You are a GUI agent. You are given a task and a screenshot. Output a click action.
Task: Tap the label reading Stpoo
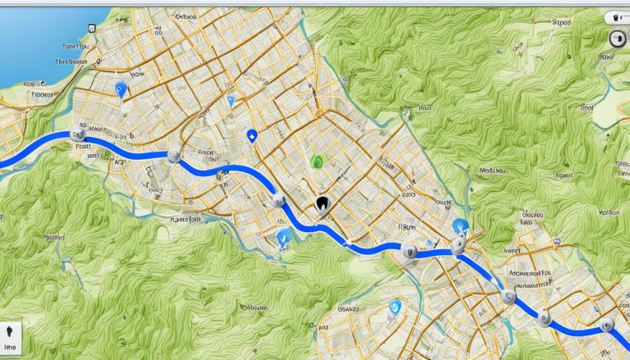[561, 25]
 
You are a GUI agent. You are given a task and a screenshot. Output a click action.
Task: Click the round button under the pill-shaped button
[615, 38]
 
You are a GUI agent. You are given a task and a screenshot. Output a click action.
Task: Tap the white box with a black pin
[11, 335]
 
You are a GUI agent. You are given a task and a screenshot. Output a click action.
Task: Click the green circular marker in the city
[316, 162]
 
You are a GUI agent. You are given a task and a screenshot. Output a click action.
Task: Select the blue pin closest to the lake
[122, 89]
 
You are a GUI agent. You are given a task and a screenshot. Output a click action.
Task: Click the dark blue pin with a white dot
[251, 136]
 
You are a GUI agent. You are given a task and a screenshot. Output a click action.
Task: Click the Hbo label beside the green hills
[425, 107]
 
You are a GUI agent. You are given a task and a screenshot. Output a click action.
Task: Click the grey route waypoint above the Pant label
[78, 132]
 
